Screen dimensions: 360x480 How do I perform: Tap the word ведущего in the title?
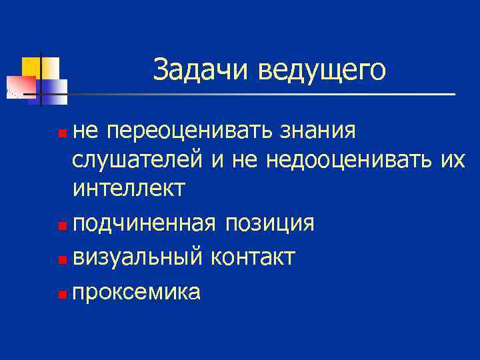[x=323, y=71]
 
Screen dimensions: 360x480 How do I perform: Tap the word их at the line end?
[x=451, y=160]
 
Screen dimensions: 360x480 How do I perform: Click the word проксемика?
[x=137, y=292]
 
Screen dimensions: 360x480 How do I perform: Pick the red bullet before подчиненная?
[x=62, y=225]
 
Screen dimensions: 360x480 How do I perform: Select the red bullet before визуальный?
[x=62, y=259]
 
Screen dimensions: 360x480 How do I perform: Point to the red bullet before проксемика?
[x=62, y=294]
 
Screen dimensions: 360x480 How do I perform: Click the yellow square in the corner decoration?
[x=31, y=66]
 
